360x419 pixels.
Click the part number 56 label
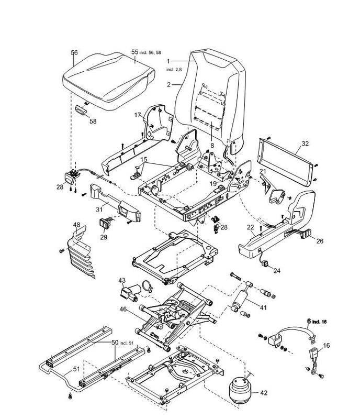[74, 53]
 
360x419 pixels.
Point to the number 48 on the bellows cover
[76, 225]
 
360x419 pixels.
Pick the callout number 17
[138, 115]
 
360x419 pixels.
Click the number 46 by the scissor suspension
[122, 310]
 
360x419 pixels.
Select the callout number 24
[277, 271]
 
